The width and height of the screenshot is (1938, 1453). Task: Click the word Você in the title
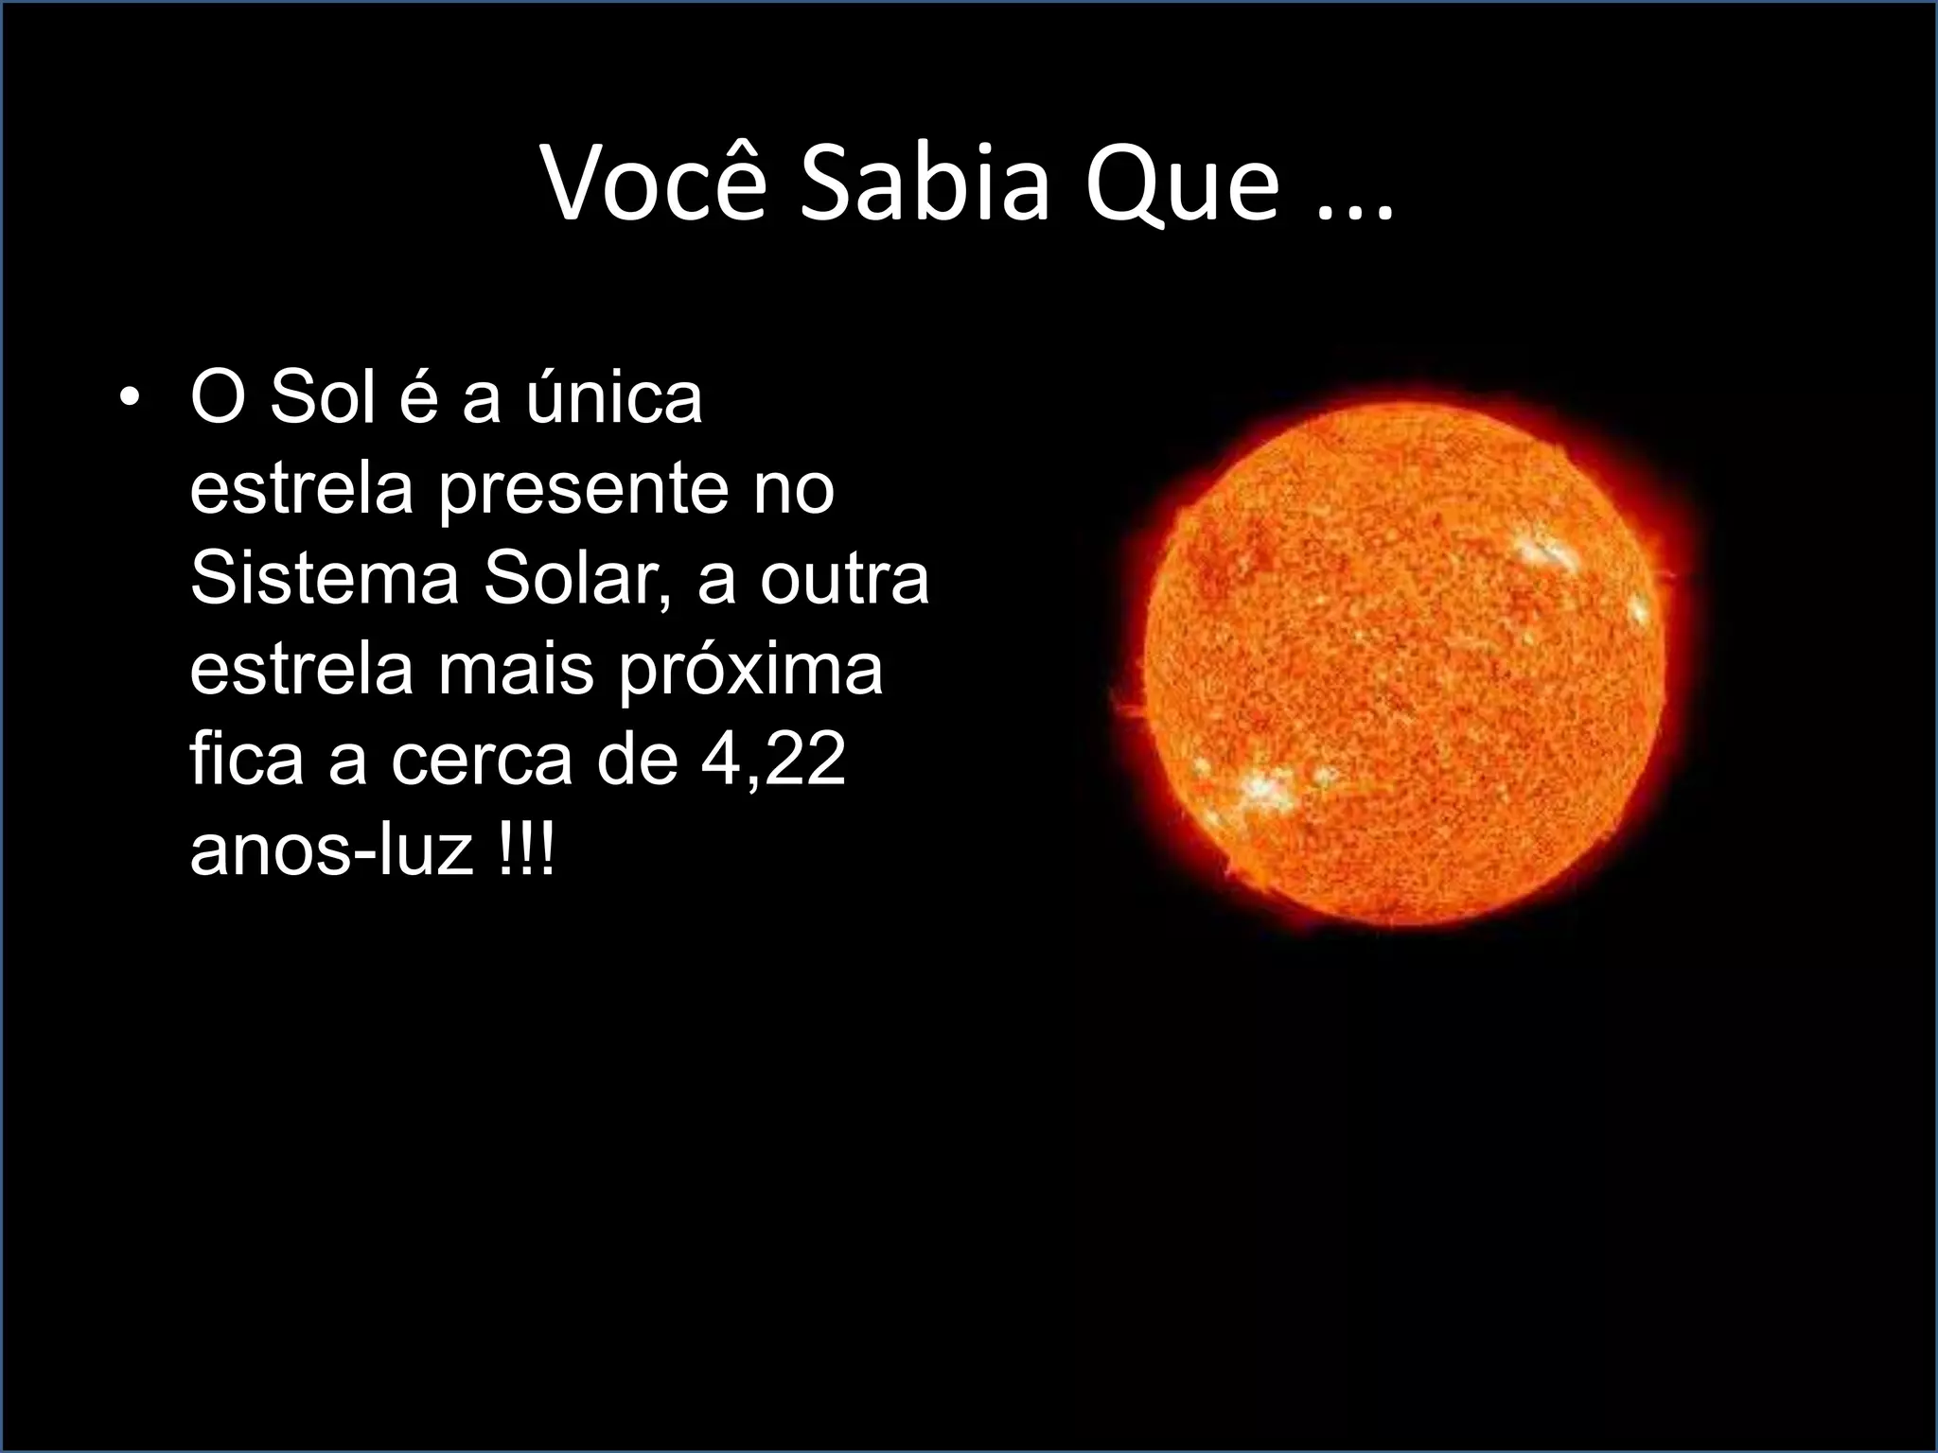(x=653, y=186)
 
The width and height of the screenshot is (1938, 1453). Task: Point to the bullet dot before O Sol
(x=129, y=399)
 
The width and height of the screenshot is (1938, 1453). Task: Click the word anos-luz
(x=331, y=849)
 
